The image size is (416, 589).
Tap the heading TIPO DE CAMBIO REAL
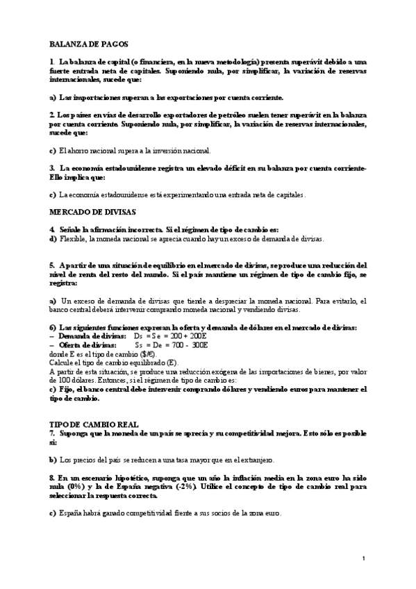pyautogui.click(x=94, y=423)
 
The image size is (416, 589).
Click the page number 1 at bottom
pyautogui.click(x=364, y=558)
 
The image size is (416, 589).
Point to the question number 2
pyautogui.click(x=51, y=114)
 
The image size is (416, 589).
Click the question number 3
pyautogui.click(x=51, y=168)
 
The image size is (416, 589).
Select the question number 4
pyautogui.click(x=51, y=229)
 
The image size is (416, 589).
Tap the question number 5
pyautogui.click(x=51, y=265)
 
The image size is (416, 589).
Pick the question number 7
pyautogui.click(x=51, y=433)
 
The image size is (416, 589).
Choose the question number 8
pyautogui.click(x=51, y=479)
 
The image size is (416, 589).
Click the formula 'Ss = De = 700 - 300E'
pyautogui.click(x=172, y=345)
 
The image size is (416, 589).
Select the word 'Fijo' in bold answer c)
pyautogui.click(x=67, y=390)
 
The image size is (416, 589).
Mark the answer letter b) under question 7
pyautogui.click(x=53, y=460)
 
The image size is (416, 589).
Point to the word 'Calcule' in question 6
pyautogui.click(x=63, y=363)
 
